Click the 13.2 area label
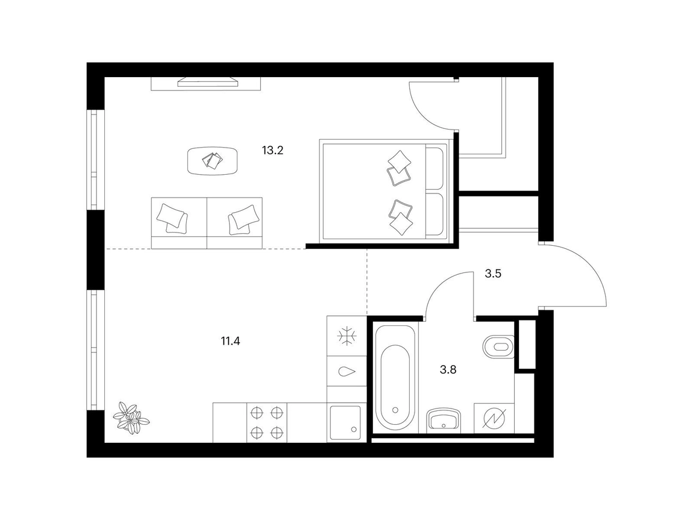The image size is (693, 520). [x=272, y=151]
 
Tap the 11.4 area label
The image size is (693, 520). [x=230, y=341]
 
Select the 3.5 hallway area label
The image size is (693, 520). [x=493, y=274]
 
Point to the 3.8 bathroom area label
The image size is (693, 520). [x=448, y=369]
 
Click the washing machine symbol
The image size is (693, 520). [x=494, y=418]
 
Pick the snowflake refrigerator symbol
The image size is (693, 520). [x=347, y=336]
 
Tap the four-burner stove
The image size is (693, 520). [x=266, y=422]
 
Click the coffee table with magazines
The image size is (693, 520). [x=213, y=161]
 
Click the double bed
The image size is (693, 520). [x=384, y=191]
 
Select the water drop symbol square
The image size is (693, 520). [x=347, y=372]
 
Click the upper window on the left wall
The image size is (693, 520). [x=93, y=160]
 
